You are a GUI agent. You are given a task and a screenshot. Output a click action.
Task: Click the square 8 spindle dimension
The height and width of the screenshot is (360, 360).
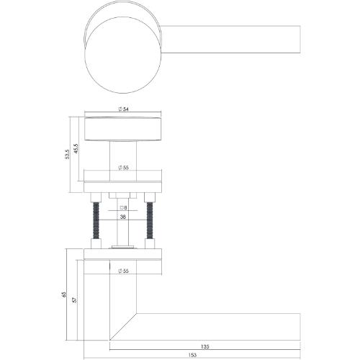point(123,208)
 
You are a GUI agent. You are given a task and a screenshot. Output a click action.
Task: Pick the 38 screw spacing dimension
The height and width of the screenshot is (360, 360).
point(123,216)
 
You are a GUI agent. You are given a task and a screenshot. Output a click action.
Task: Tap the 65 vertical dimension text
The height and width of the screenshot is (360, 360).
point(64,294)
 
